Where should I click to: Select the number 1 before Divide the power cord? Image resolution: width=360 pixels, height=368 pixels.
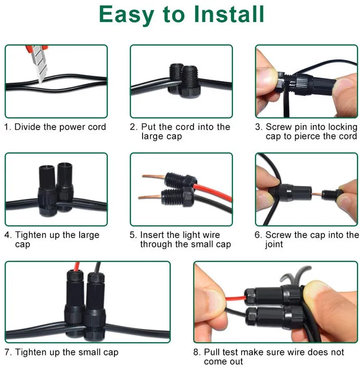[7, 127]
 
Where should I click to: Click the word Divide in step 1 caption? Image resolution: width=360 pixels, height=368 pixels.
[28, 127]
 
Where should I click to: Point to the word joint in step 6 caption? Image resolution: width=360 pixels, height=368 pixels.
[274, 244]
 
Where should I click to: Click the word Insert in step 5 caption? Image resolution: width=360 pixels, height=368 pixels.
[152, 235]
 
